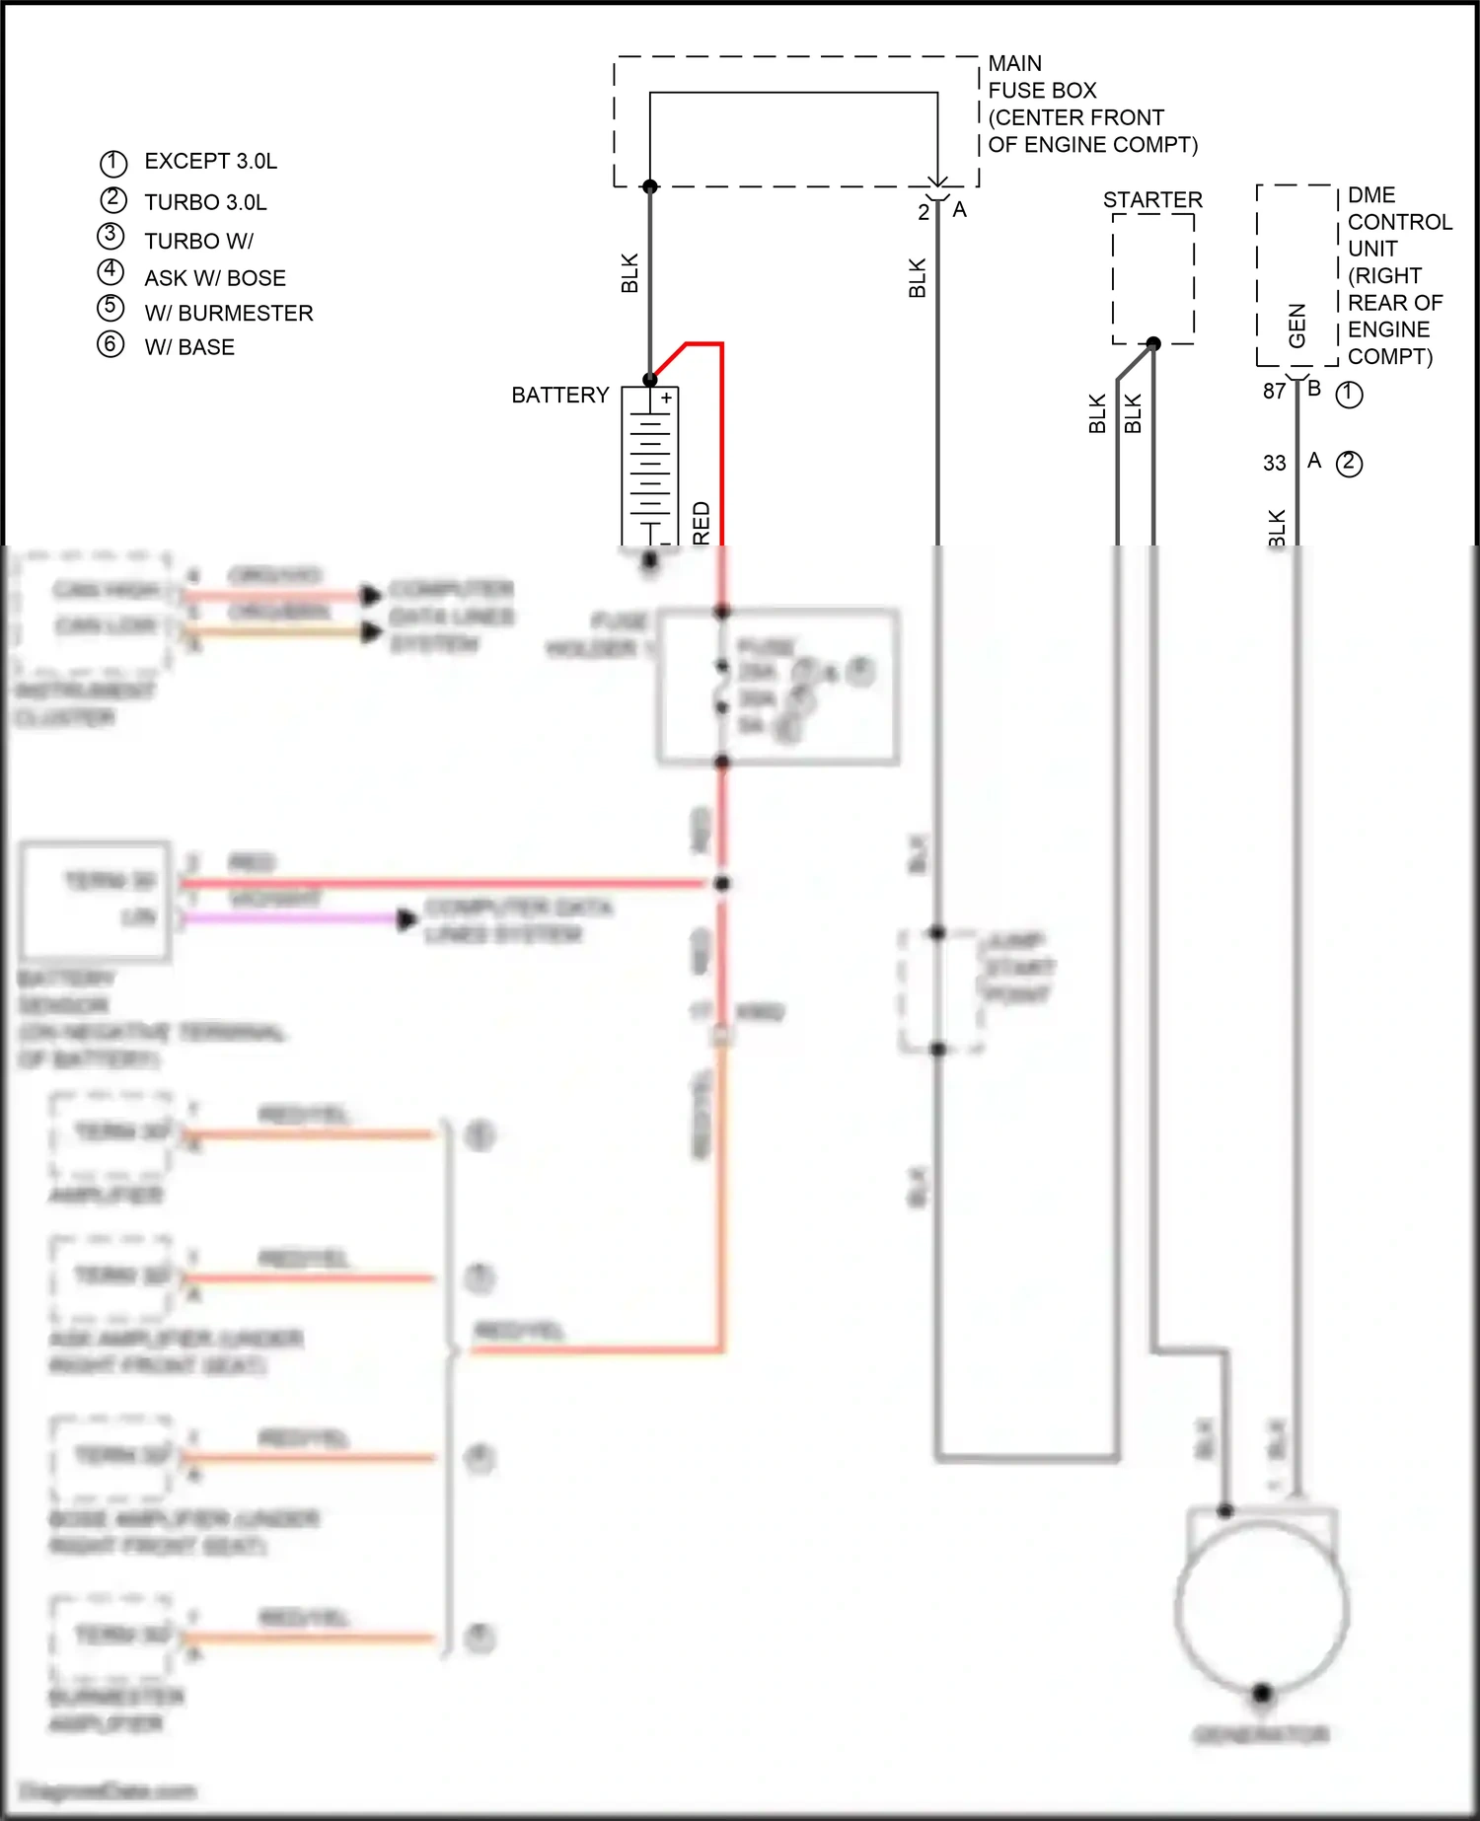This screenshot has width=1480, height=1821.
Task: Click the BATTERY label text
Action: coord(559,395)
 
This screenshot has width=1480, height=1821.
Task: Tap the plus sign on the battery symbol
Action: coord(667,398)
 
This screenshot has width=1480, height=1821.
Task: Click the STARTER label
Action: coord(1152,200)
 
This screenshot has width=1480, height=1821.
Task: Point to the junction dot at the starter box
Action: coord(1153,343)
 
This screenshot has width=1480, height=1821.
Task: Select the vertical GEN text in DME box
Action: coord(1296,325)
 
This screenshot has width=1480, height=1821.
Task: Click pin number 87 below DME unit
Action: coord(1274,392)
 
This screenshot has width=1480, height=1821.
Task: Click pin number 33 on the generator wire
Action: coord(1274,463)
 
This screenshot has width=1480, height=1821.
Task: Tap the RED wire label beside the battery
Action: coord(702,523)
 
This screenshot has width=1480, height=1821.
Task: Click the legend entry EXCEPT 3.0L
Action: coord(210,161)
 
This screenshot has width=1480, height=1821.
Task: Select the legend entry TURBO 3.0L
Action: coord(205,202)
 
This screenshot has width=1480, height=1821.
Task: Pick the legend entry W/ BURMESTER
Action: coord(228,313)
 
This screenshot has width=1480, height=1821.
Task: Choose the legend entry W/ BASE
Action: coord(189,347)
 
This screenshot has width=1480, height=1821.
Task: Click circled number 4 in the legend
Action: coord(111,270)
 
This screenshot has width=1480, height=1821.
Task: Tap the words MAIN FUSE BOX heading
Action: coord(1042,77)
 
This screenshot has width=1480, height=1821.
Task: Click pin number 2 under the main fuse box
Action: coord(924,212)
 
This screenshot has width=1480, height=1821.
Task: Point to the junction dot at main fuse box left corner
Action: coord(650,186)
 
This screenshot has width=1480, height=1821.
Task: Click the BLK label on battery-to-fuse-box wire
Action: coord(630,273)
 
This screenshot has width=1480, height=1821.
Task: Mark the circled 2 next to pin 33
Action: coord(1349,463)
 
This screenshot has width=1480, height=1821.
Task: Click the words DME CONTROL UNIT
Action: coord(1399,222)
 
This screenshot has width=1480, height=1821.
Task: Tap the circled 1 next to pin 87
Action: coord(1349,395)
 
